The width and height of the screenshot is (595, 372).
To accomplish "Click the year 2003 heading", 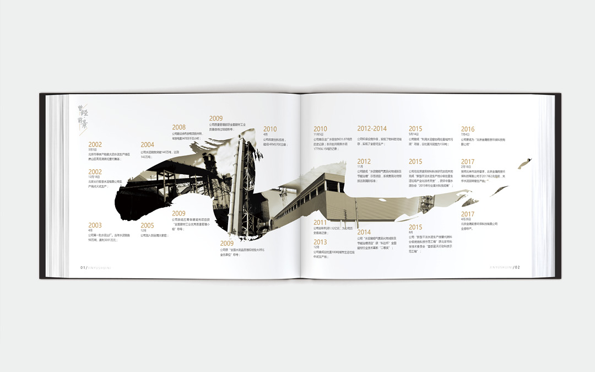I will click(95, 225).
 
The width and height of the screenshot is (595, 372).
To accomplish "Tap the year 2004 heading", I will click(147, 145).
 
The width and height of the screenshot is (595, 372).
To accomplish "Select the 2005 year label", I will click(147, 225).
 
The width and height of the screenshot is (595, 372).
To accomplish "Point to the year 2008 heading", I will click(178, 127).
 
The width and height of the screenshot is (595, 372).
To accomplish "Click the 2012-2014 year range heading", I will click(372, 129).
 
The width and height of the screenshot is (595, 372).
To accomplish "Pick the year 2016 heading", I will click(468, 130).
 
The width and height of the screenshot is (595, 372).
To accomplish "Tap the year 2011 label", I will click(320, 223).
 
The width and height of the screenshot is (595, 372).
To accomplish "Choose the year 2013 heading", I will click(320, 242).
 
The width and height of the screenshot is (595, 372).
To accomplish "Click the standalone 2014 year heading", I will click(364, 232).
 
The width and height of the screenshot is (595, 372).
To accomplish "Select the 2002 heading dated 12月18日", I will click(95, 172).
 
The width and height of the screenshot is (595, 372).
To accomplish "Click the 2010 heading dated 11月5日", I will click(320, 130).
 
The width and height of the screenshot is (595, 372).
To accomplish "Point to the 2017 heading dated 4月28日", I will click(468, 214).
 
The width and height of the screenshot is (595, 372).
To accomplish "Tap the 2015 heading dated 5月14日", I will click(415, 129).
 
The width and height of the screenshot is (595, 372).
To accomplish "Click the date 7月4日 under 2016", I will click(466, 134).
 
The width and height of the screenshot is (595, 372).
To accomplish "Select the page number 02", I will click(518, 268).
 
